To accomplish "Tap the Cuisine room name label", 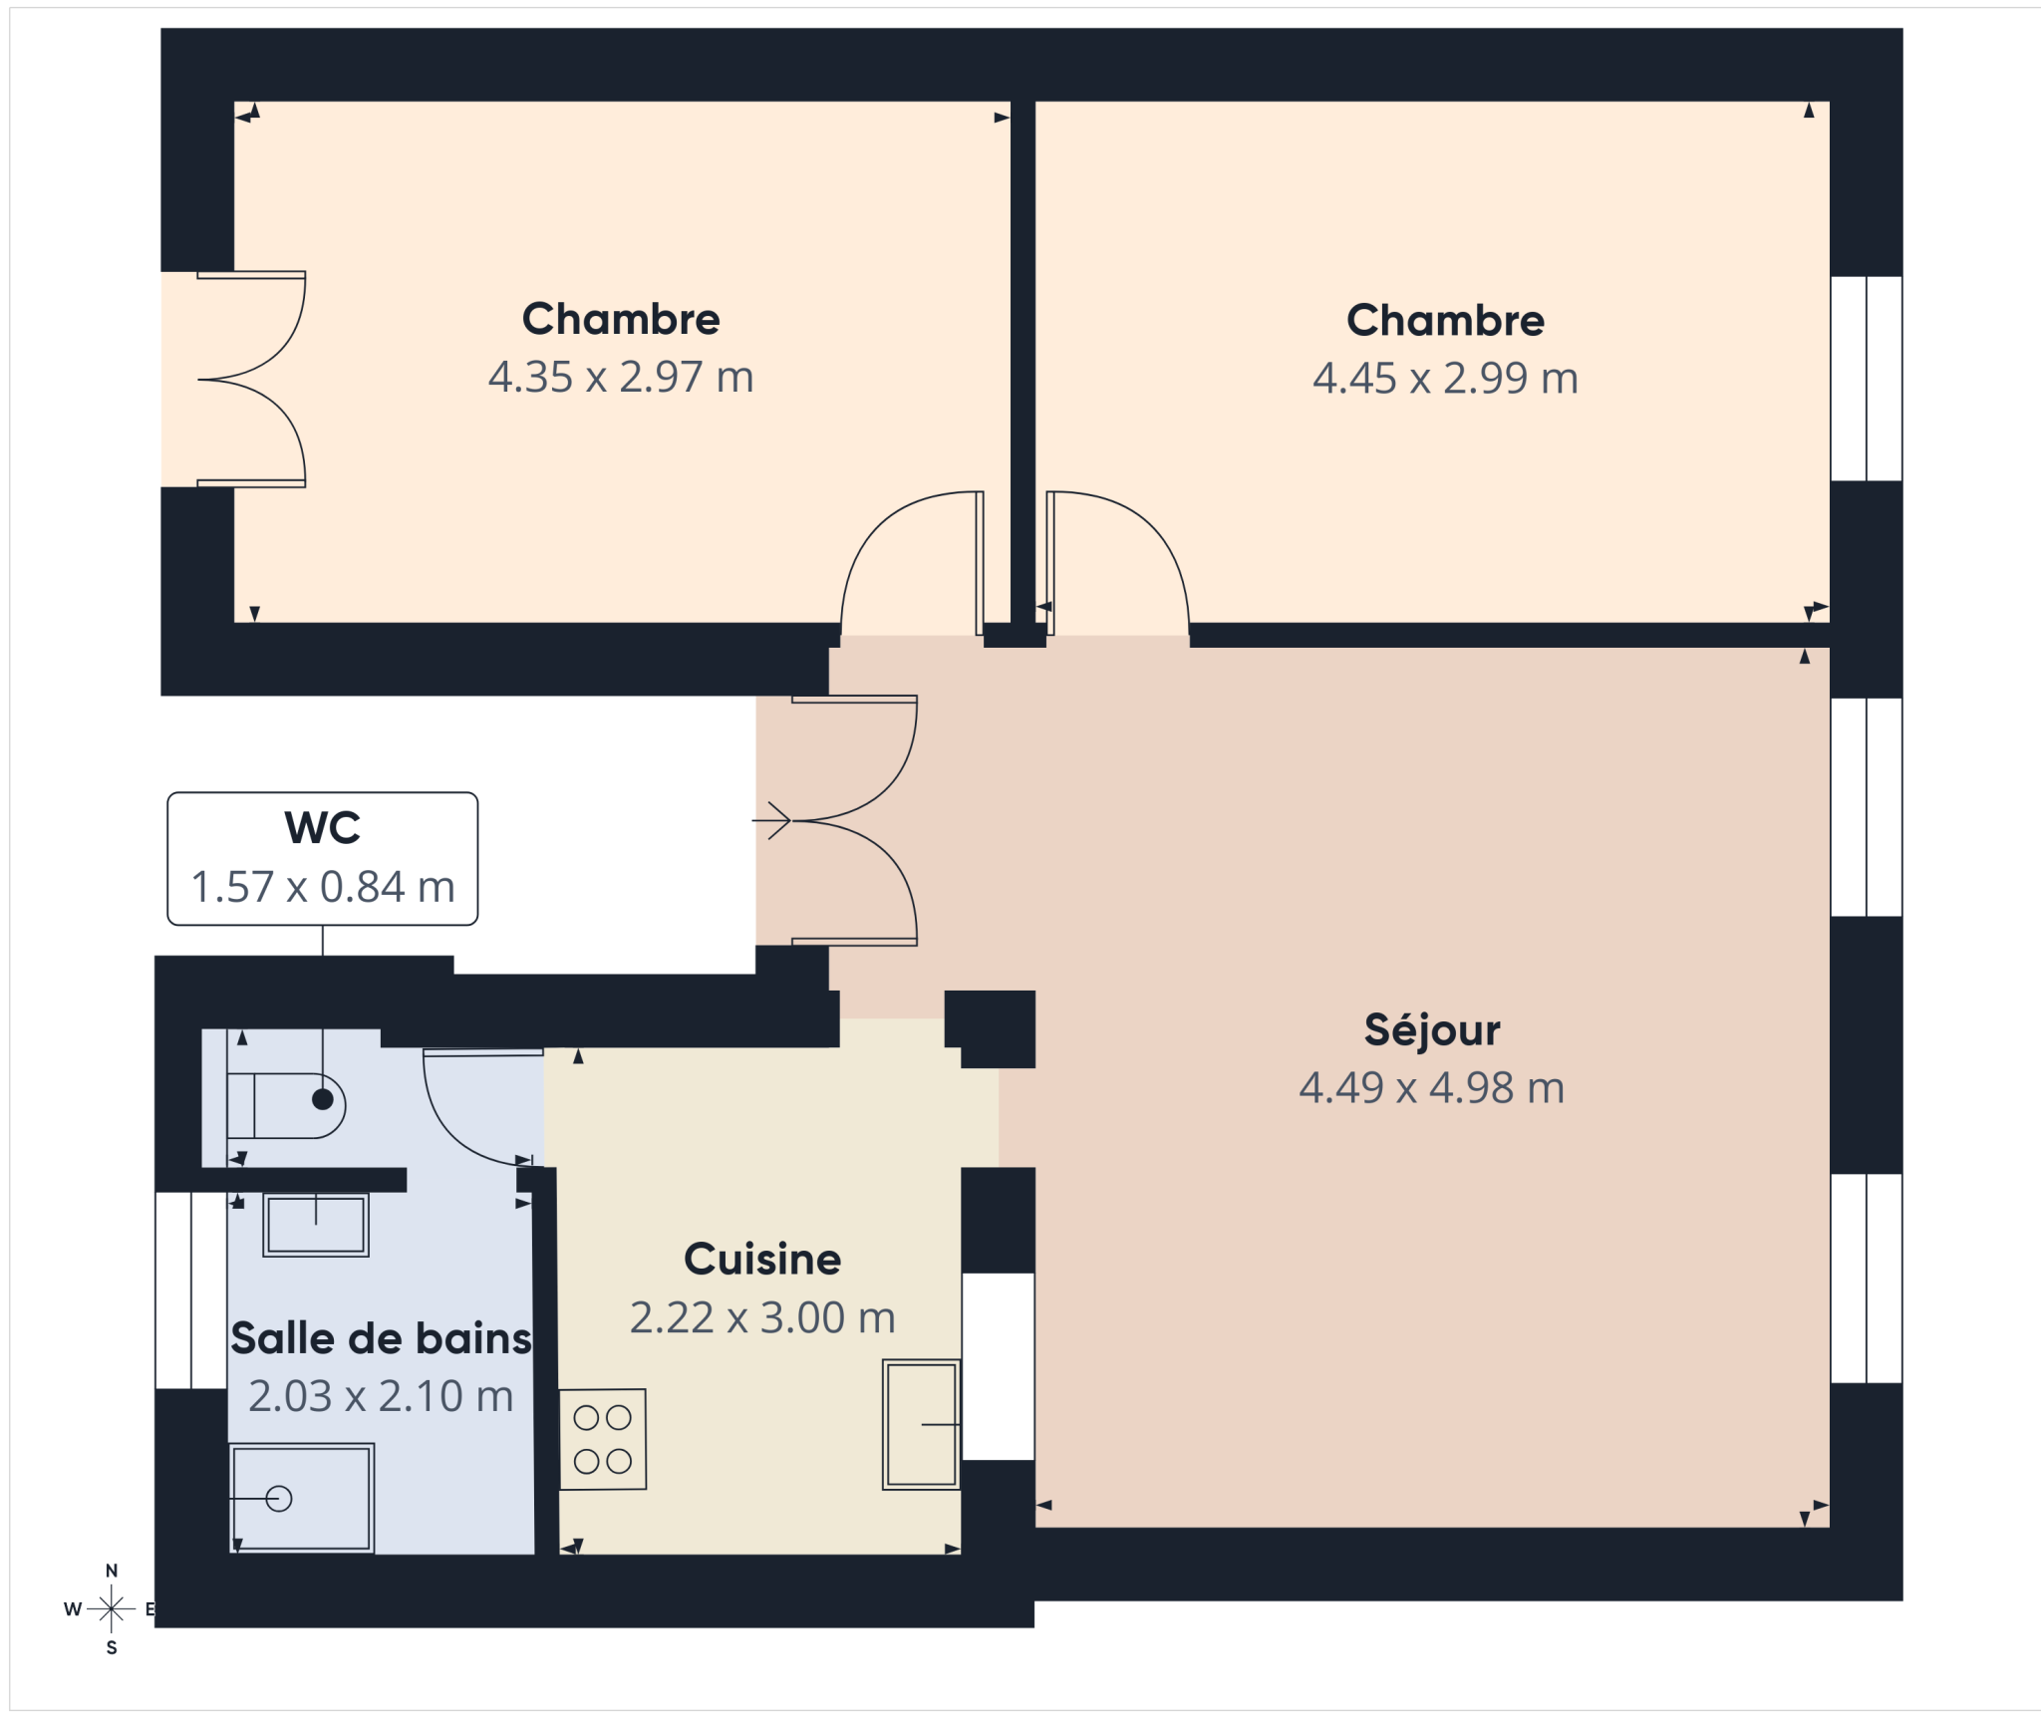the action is tap(762, 1260).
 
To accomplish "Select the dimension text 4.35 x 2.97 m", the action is tap(621, 378).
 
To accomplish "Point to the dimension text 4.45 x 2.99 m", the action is tap(1445, 379).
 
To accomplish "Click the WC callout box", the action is tap(323, 859).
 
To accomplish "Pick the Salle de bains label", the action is tap(381, 1338).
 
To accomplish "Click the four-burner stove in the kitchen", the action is tap(603, 1439).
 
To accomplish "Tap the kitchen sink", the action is tap(922, 1425).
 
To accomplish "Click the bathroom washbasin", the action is tap(316, 1225).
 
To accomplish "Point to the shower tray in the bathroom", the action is tap(302, 1498).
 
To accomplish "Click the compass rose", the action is tap(112, 1608).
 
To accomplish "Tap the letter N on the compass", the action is tap(112, 1571).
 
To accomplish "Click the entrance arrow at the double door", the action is tap(771, 820).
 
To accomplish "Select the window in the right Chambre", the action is tap(1867, 379).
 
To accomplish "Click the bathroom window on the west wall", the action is tap(191, 1290).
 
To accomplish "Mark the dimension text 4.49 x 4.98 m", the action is tap(1432, 1088).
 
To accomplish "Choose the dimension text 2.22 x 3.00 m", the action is tap(762, 1318).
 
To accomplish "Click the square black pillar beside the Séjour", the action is tap(991, 1028).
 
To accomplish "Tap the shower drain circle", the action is tap(279, 1498).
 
